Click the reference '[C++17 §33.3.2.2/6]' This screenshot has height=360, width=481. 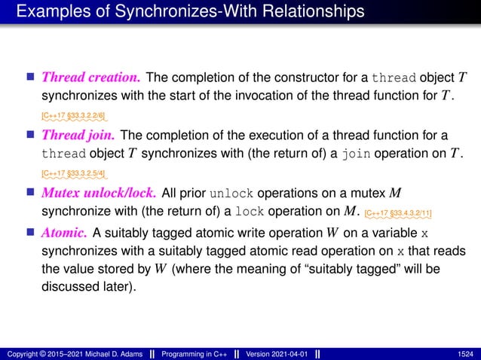(72, 115)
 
